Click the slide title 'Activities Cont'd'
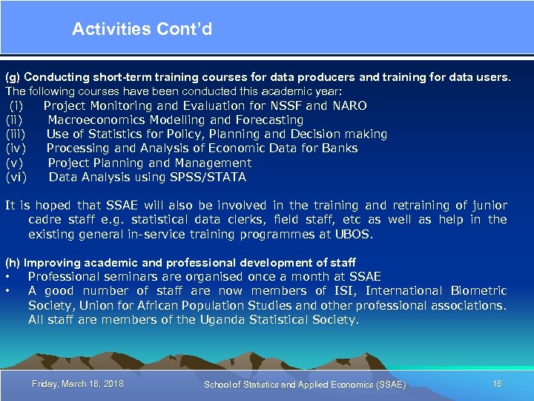point(142,29)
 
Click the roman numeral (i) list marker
point(16,105)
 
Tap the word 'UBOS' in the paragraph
point(356,234)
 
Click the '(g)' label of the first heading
point(13,77)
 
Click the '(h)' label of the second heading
point(13,263)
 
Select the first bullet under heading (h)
point(7,277)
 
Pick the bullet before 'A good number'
point(7,291)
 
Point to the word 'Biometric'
point(478,291)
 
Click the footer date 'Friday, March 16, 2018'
point(78,384)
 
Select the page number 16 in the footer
point(497,384)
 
